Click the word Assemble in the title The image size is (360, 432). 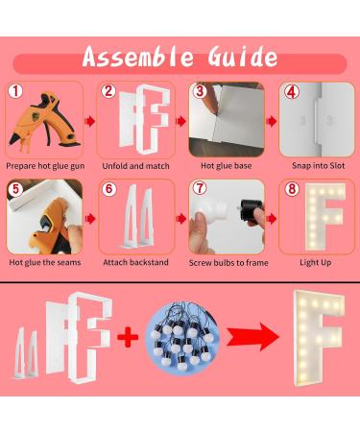138,57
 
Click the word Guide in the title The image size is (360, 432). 243,57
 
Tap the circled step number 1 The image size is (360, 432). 15,91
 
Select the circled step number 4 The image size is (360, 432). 291,92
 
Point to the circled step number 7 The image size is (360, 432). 200,188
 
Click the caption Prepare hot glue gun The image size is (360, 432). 45,166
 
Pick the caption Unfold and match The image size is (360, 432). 135,166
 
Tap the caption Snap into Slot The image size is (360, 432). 318,166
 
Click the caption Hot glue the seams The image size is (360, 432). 45,262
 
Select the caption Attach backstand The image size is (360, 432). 135,262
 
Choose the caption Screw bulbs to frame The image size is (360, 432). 228,263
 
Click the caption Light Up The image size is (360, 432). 315,263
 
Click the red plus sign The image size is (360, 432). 128,337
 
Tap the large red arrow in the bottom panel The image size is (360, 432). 252,337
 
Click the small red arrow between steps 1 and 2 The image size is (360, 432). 90,121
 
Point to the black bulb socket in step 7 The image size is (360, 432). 251,210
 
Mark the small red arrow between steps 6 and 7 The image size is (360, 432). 181,219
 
